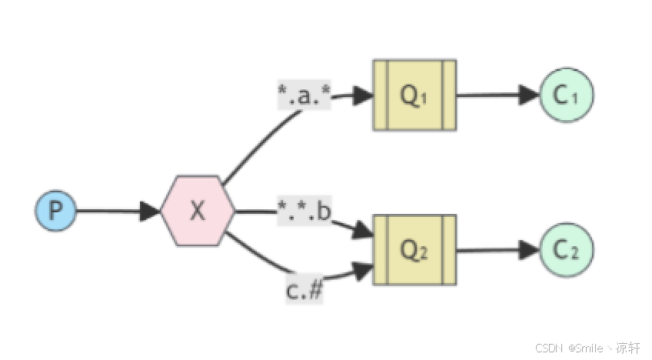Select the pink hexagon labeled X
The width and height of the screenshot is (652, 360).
(x=198, y=211)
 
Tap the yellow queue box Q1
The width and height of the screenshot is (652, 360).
(x=414, y=95)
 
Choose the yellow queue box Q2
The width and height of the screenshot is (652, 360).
(x=414, y=250)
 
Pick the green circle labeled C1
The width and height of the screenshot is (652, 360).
(x=567, y=95)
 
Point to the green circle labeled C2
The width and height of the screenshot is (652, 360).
(x=567, y=250)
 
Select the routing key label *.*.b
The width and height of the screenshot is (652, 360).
(x=304, y=211)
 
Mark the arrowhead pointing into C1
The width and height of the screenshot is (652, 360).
(x=530, y=95)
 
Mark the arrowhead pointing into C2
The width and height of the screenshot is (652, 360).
(x=530, y=250)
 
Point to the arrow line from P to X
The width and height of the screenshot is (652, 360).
(x=108, y=211)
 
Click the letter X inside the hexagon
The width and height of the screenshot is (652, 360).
(x=198, y=211)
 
